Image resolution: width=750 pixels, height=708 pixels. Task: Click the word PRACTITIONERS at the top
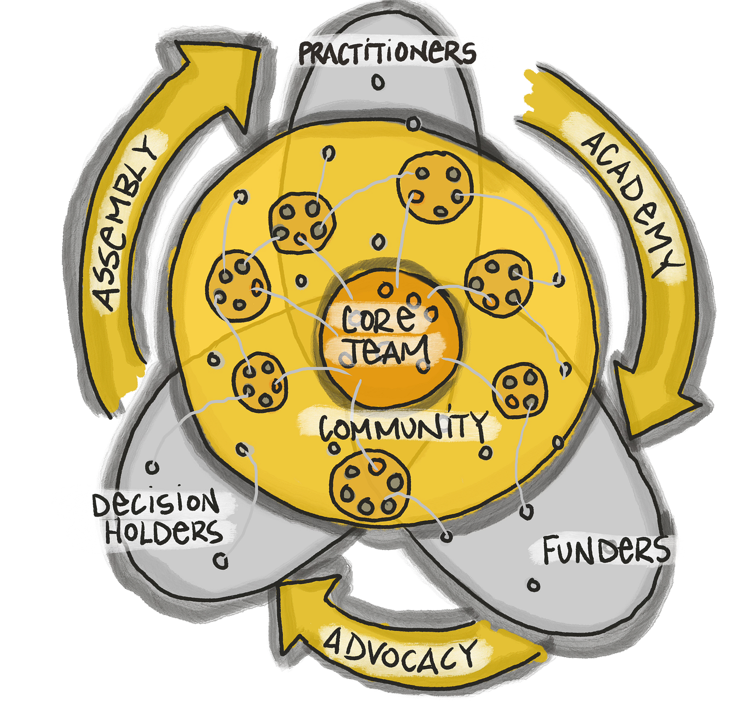(387, 53)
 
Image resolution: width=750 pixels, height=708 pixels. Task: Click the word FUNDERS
(606, 550)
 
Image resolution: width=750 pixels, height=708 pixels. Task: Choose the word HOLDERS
(164, 531)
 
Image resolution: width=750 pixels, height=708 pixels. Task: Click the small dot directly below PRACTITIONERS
(379, 82)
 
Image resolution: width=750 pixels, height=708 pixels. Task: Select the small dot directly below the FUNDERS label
(534, 585)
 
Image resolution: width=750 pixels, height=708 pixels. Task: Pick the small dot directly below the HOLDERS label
(221, 561)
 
